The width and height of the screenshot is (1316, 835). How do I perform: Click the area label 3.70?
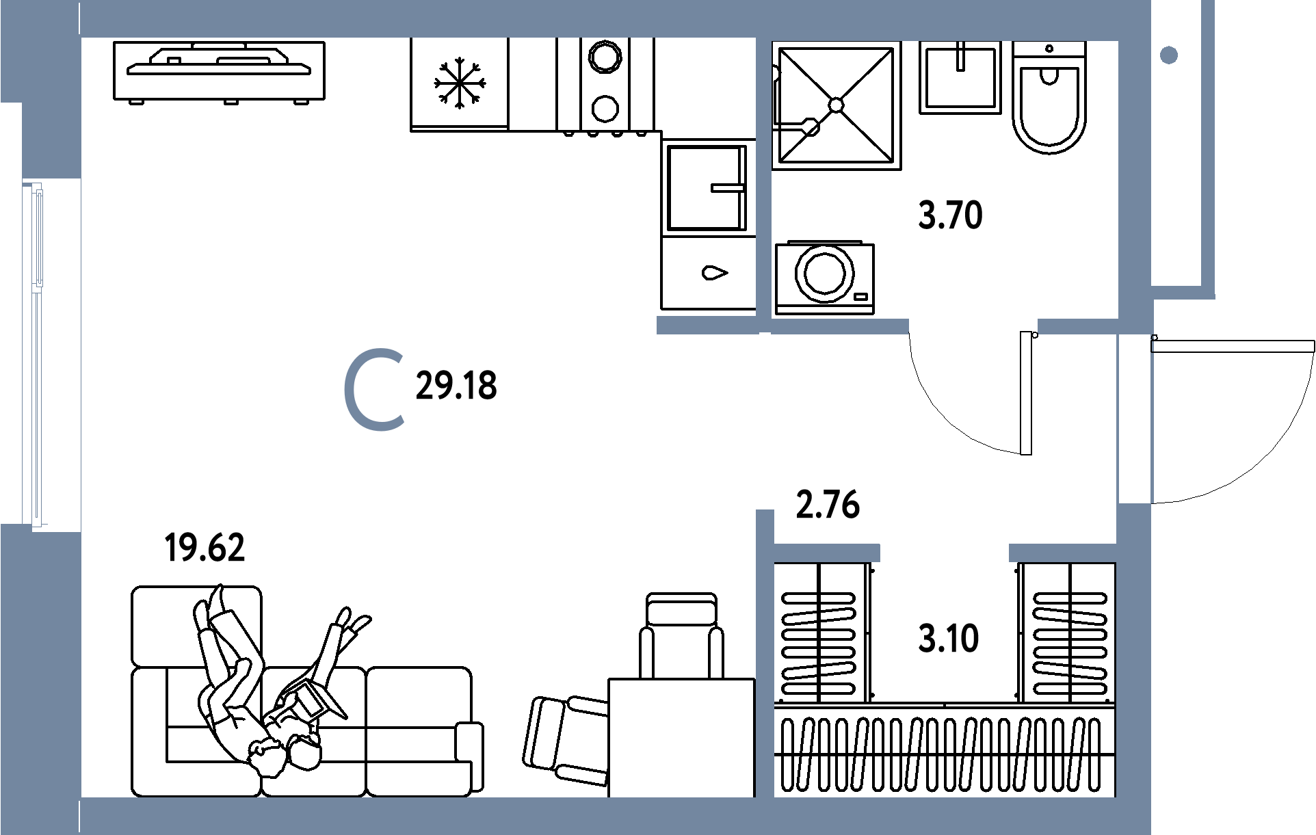(950, 216)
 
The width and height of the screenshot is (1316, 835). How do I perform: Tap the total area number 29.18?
(456, 386)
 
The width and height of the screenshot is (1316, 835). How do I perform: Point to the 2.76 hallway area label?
(828, 505)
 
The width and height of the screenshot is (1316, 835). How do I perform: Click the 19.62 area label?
(205, 548)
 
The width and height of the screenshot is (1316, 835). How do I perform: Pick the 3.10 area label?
(949, 639)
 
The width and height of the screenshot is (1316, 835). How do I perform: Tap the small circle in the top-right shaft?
(1169, 55)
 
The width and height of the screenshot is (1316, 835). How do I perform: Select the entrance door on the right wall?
(1135, 419)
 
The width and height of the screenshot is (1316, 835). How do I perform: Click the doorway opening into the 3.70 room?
(973, 327)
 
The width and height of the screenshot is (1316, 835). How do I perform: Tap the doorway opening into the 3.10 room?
(944, 553)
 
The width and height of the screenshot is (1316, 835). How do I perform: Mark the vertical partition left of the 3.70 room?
(764, 178)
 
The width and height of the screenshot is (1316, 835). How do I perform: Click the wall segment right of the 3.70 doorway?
(1078, 327)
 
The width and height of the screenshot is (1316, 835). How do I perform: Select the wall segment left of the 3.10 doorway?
(826, 553)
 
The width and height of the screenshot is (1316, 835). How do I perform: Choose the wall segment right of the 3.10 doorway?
(1063, 553)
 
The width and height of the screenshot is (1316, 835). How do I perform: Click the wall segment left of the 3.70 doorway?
(840, 327)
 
